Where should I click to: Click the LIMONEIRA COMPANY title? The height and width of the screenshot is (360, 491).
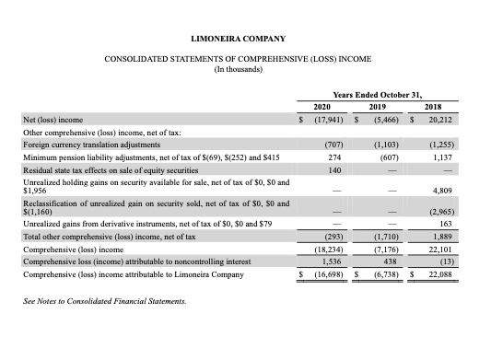[237, 38]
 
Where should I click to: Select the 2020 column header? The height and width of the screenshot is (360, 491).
[322, 106]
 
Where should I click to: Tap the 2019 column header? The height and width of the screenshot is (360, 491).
[389, 106]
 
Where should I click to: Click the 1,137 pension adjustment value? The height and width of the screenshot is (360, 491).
[465, 157]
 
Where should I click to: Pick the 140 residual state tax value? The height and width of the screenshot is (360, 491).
[336, 170]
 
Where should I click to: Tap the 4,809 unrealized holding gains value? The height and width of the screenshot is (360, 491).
[465, 189]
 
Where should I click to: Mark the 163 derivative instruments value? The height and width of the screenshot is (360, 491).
[469, 223]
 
